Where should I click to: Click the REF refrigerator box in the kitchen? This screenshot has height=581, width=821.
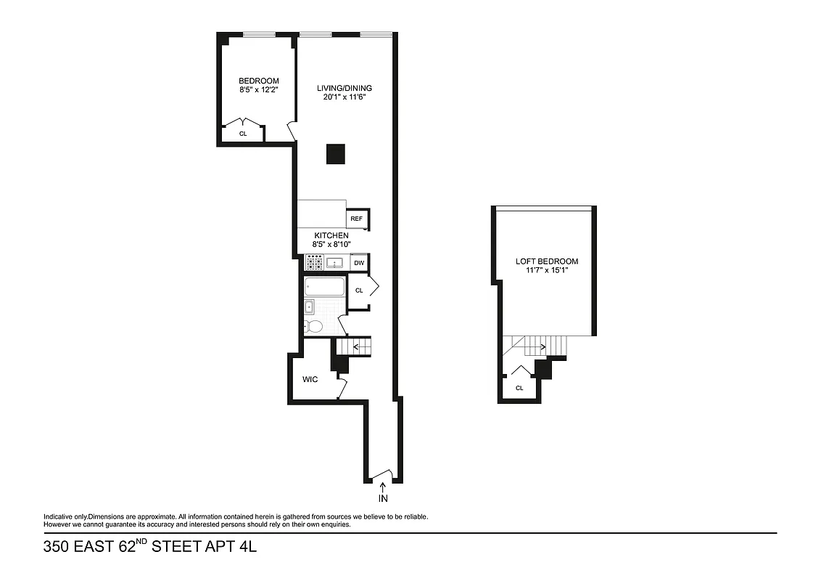click(x=357, y=219)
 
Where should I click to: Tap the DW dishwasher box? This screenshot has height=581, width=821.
click(x=359, y=263)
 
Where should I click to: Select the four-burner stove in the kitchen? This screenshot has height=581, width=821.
click(x=314, y=263)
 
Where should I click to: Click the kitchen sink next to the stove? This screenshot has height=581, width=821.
click(x=336, y=263)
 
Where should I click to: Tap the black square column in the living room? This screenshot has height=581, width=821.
click(x=335, y=153)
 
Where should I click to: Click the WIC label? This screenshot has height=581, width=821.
click(x=311, y=379)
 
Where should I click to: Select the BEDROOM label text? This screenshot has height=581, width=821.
click(x=259, y=81)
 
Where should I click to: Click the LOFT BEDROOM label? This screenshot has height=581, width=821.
click(x=547, y=261)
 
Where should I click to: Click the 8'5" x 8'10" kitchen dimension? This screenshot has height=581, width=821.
click(x=331, y=245)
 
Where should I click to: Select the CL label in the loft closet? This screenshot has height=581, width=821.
click(x=519, y=388)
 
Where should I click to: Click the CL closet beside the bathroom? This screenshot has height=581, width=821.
click(x=359, y=290)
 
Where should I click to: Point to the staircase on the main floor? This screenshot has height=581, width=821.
click(x=357, y=348)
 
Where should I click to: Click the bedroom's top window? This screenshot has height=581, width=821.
click(x=258, y=34)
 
